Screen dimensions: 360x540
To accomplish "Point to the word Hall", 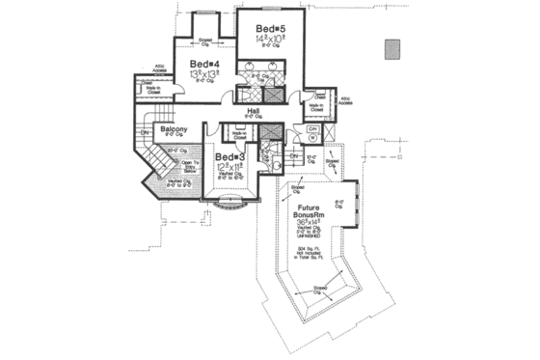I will click(x=254, y=112).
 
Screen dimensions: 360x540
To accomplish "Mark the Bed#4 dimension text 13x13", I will click(x=203, y=73).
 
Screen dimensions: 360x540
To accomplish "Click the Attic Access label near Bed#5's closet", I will click(x=343, y=100).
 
